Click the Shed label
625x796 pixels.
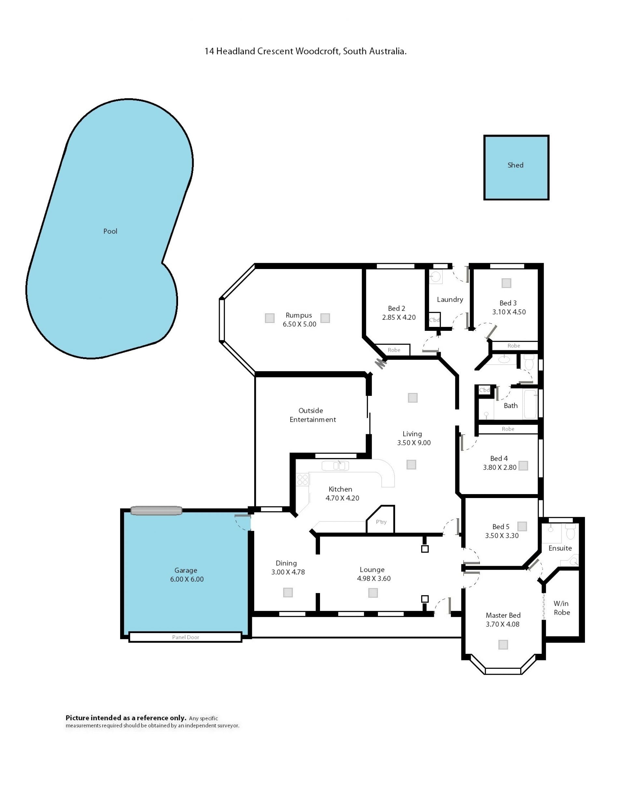[515, 165]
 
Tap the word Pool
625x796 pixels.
[110, 231]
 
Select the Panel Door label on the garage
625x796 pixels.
[186, 637]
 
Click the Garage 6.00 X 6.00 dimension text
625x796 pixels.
[187, 579]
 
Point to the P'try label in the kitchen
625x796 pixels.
[381, 522]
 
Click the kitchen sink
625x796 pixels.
[335, 465]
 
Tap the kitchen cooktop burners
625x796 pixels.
[303, 480]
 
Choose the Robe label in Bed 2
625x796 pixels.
[394, 350]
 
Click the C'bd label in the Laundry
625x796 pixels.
[434, 320]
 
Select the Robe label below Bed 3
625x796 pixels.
[513, 345]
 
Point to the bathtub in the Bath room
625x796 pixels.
[530, 404]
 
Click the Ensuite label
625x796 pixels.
[560, 548]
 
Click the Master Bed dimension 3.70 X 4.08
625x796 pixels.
[502, 624]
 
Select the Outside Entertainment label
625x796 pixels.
[312, 415]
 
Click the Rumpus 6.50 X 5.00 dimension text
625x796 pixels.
[299, 324]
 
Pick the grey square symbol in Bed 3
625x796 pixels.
[506, 283]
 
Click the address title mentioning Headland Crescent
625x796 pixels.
[306, 51]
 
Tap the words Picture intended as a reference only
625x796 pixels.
[126, 717]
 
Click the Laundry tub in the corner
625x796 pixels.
[436, 277]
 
